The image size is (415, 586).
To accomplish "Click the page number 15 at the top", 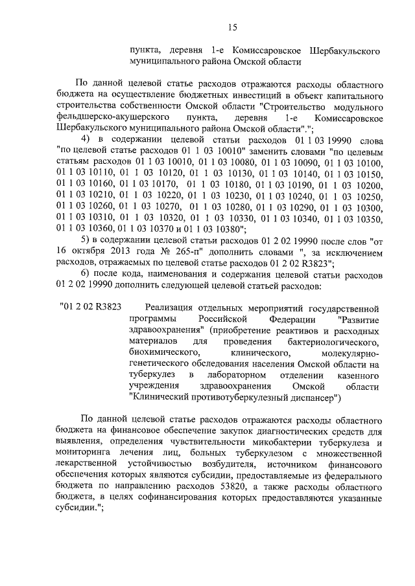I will (x=232, y=27).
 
